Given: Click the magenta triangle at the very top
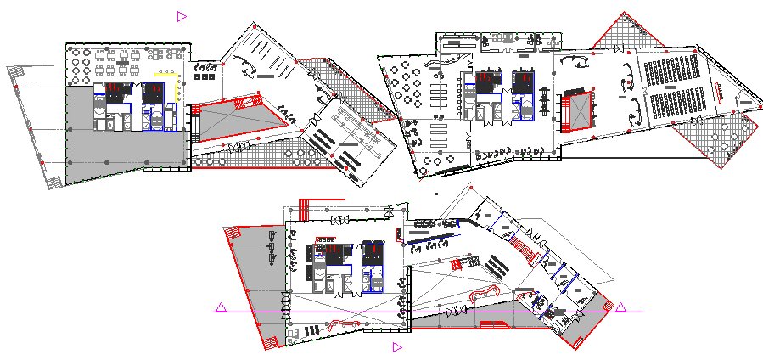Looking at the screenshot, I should point(182,15).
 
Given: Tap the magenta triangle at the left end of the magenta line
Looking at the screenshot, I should point(220,307).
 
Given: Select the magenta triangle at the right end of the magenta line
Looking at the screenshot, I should point(621,307).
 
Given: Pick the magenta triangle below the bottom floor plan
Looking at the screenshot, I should point(396,346).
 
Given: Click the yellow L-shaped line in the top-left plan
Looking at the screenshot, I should point(172,86).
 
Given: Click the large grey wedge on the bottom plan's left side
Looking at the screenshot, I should point(255,272).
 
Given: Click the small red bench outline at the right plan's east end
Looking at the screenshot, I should point(749,104).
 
